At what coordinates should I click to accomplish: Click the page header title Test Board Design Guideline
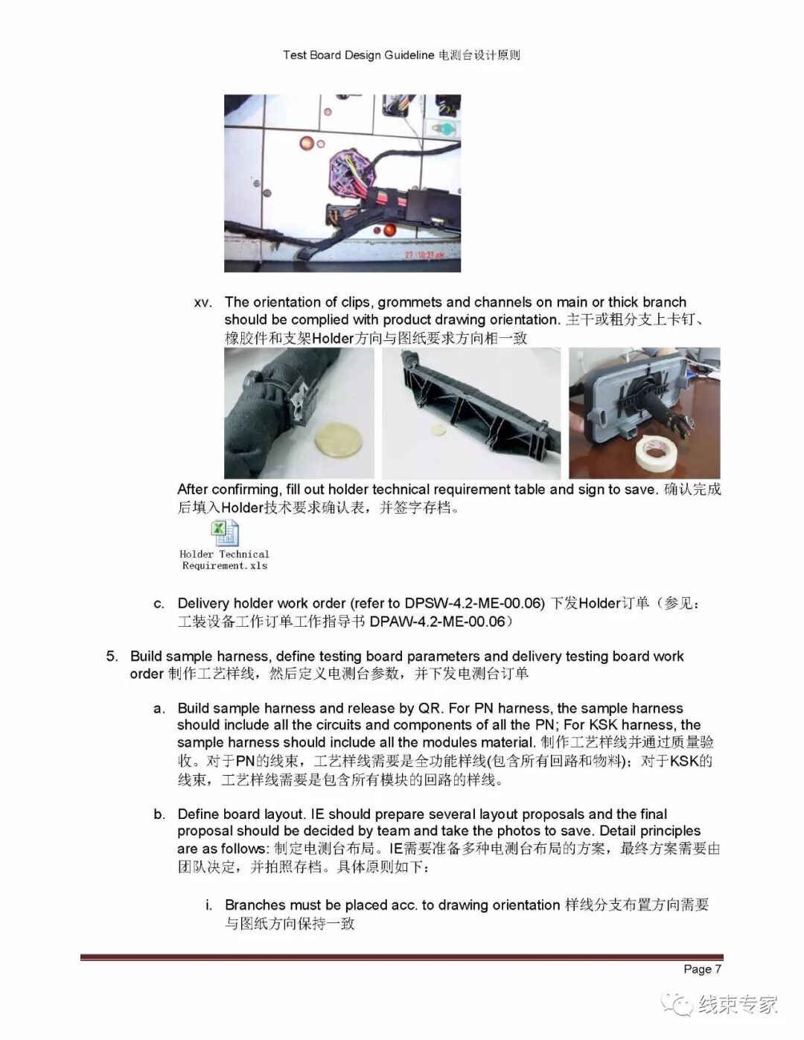pos(358,55)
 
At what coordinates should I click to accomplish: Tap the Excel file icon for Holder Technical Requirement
pos(225,533)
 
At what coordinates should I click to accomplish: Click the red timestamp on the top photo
pos(424,255)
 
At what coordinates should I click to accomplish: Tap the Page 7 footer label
pos(702,969)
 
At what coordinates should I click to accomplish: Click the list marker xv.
pos(202,303)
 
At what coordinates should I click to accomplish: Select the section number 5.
pos(112,656)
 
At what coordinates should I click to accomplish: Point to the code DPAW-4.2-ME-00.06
pos(437,621)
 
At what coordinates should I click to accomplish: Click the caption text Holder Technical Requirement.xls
pos(224,560)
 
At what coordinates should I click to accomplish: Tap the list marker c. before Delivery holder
pos(159,603)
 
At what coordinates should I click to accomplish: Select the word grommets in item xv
pos(411,302)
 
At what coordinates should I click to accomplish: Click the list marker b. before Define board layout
pos(159,814)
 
